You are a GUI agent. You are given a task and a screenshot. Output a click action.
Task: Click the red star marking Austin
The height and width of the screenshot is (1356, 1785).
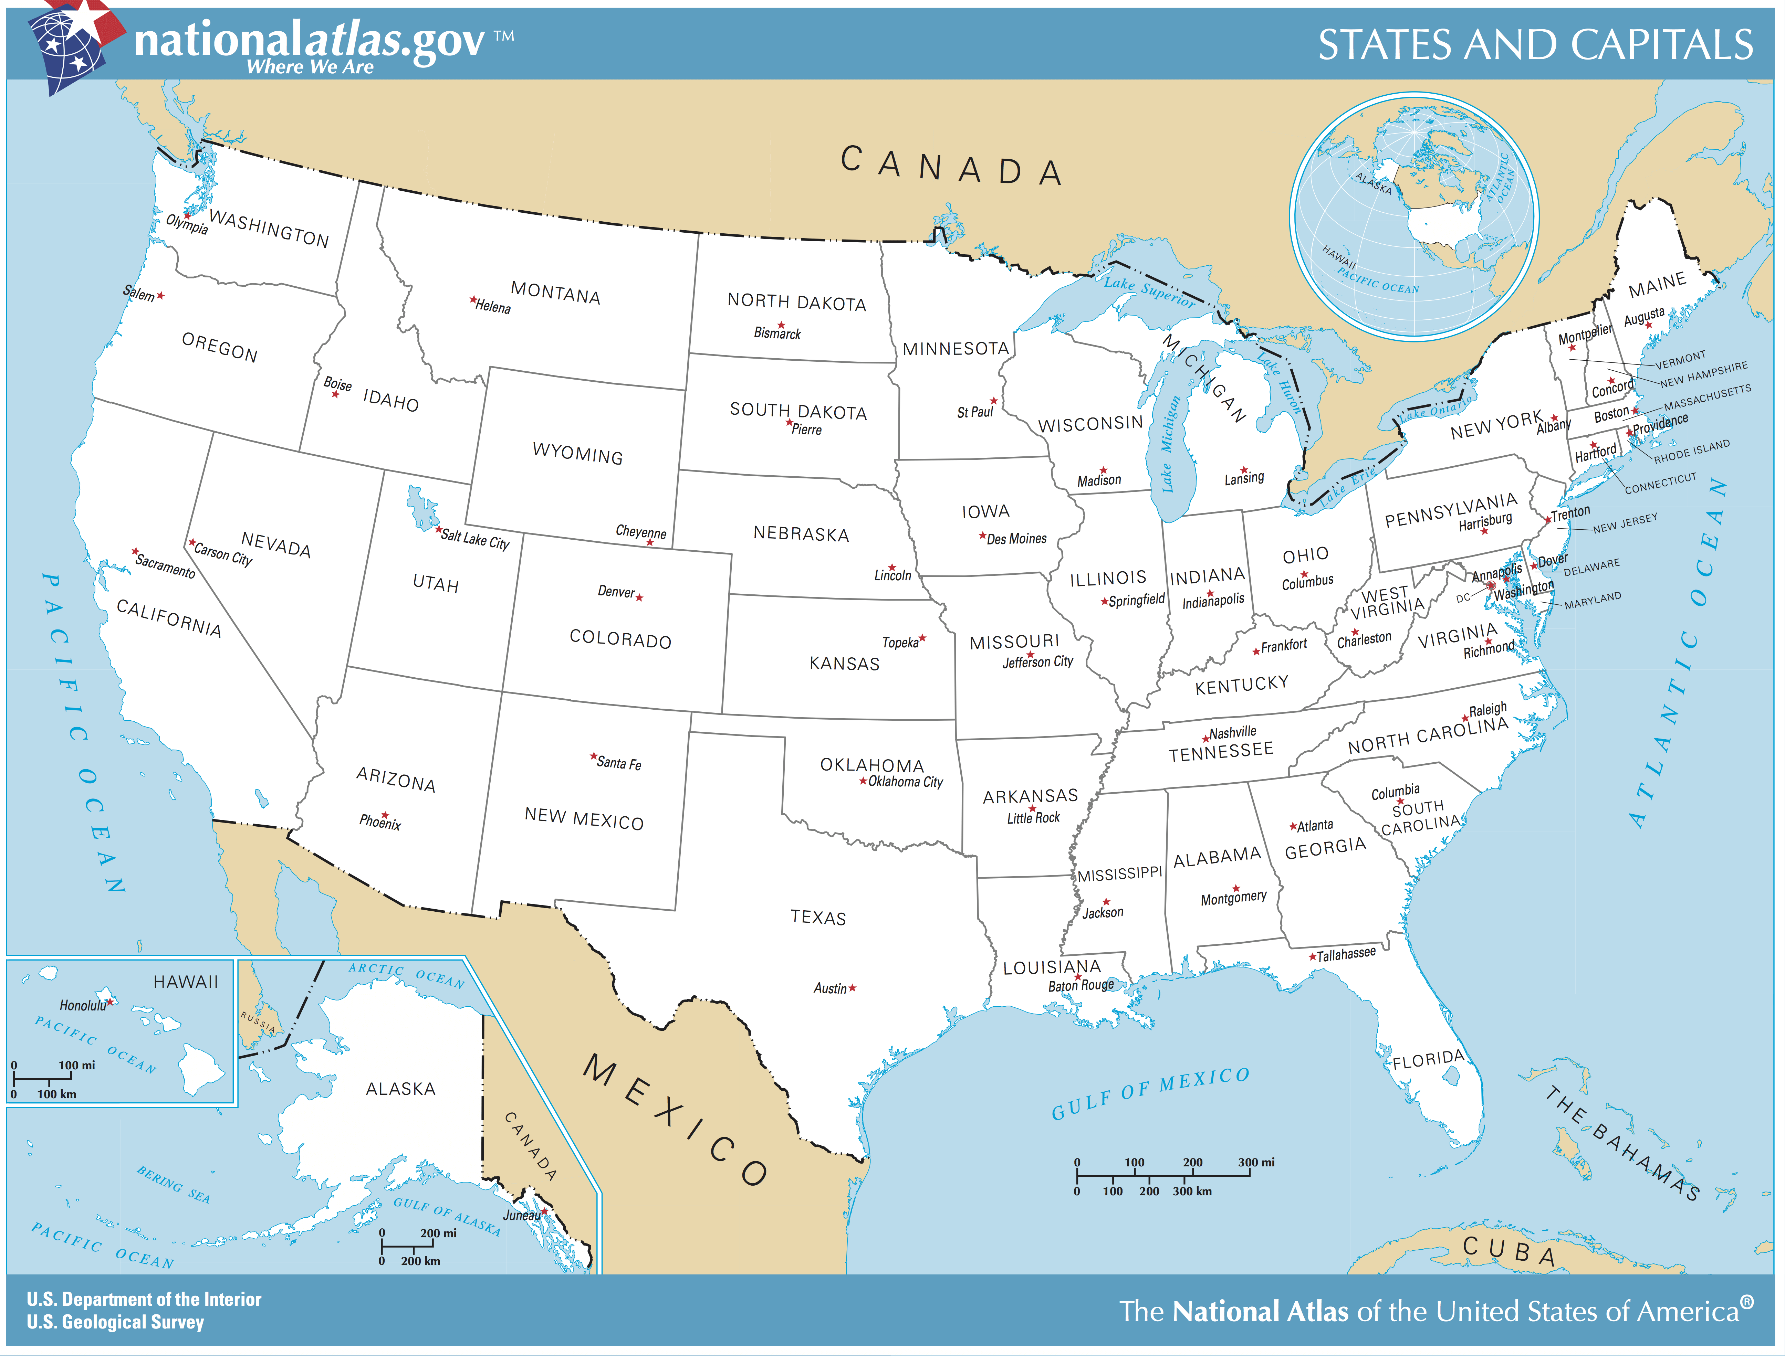(x=853, y=987)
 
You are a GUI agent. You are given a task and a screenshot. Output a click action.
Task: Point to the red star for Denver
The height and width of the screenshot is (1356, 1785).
(x=639, y=597)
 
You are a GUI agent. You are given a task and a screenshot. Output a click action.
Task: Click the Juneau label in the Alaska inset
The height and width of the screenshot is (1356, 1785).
(x=522, y=1215)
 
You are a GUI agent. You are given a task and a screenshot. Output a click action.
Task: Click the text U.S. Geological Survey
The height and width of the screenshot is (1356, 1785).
(x=115, y=1322)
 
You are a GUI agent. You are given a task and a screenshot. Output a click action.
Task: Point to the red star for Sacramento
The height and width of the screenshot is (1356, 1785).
(x=136, y=551)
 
